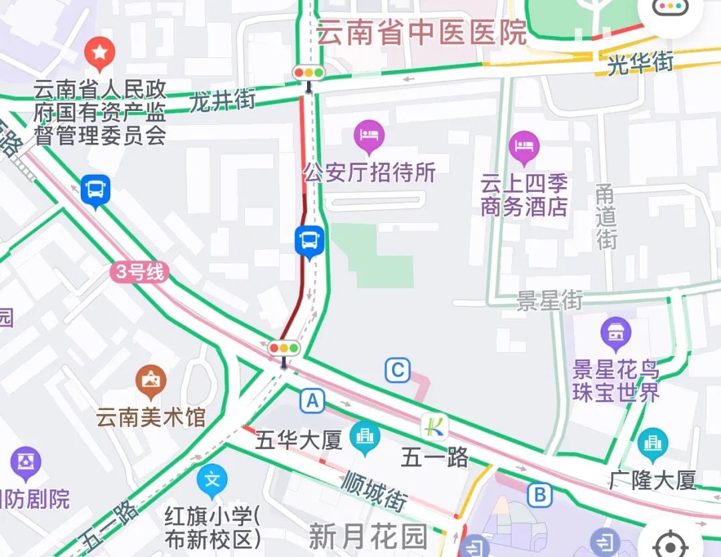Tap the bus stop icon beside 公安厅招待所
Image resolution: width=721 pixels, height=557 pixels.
coord(310,240)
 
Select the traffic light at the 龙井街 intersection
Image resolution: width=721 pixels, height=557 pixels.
coord(308,72)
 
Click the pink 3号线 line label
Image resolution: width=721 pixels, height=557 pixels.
coord(140,272)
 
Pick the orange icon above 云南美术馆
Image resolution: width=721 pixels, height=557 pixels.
coord(152,380)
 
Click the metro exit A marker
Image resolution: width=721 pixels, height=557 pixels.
coord(312,401)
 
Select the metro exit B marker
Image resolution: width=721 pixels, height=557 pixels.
coord(539,495)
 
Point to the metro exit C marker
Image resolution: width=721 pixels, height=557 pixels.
coord(398,370)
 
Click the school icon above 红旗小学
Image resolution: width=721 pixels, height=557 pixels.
coord(212,480)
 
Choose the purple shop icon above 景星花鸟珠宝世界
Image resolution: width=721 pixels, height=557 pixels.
coord(616,333)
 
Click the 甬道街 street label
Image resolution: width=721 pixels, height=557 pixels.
coord(606,216)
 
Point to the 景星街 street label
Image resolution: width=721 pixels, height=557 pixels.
coord(549,301)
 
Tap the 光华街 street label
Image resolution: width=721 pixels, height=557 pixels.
coord(640,63)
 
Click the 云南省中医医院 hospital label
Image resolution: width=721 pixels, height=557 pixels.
coord(422,32)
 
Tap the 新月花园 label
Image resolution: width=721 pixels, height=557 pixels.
coord(367,536)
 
